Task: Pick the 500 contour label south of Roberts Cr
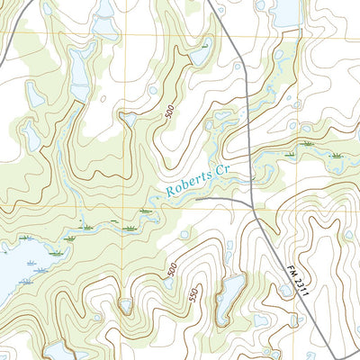(171, 269)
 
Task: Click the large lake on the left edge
(18, 270)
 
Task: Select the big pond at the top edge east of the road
(284, 11)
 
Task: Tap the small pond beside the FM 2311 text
(286, 290)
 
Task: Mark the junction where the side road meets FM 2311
(250, 203)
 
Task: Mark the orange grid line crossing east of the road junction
(306, 209)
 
